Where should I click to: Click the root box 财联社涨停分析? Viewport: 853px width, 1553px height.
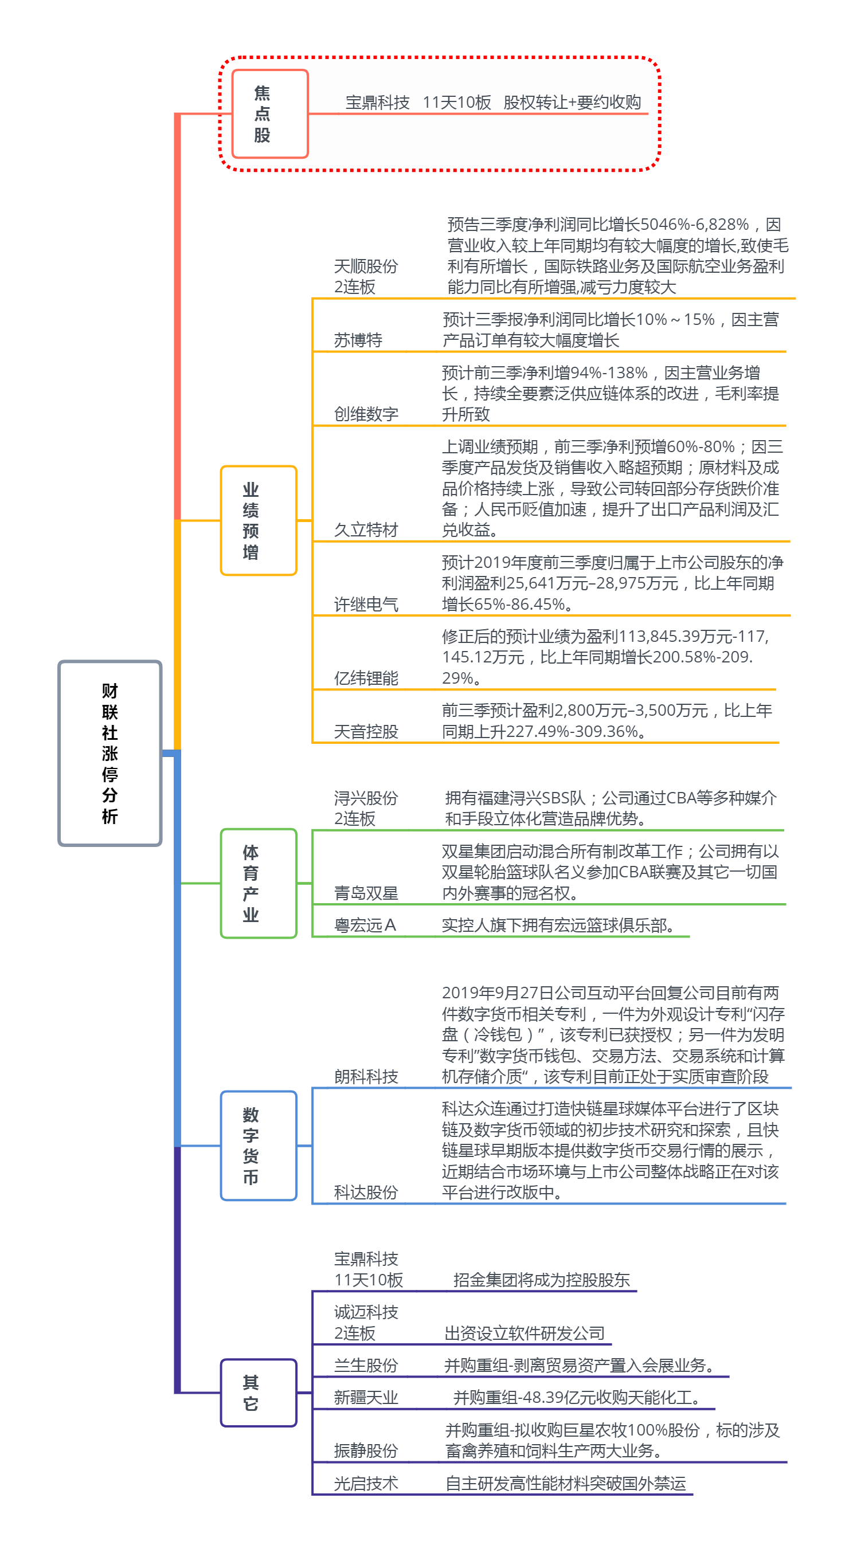110,753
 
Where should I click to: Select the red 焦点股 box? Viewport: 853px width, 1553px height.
269,114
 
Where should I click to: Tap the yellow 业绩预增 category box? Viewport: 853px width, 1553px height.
259,520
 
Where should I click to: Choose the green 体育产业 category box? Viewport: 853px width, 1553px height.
259,883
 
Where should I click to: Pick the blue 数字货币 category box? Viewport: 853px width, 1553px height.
259,1146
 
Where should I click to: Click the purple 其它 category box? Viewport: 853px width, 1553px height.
259,1393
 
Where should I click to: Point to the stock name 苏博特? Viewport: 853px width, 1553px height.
358,340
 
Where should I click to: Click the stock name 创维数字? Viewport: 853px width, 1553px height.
366,414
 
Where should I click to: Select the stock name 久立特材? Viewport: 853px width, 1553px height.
366,530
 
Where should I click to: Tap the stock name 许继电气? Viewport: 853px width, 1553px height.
366,604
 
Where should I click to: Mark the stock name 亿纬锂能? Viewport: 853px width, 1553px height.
366,679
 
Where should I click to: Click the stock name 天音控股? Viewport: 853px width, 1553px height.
366,732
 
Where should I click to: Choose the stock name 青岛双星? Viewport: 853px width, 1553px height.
366,893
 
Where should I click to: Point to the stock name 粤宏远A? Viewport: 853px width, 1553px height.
365,925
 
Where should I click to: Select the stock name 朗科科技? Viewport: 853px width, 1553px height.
366,1077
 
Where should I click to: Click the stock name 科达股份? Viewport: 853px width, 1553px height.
366,1193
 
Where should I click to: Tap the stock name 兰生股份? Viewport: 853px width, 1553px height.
366,1366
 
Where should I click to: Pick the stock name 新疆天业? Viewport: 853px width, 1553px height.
366,1398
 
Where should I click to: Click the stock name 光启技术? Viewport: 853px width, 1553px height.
366,1484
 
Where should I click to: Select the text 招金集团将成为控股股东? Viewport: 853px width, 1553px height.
542,1280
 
